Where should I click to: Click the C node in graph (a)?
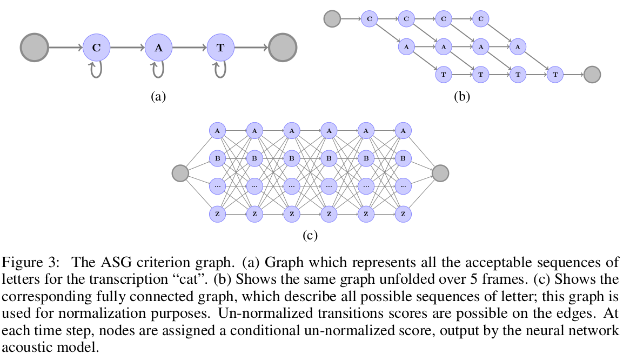tap(96, 48)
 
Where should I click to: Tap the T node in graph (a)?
tap(220, 48)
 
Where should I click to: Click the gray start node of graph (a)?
tap(35, 48)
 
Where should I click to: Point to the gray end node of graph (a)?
tap(283, 48)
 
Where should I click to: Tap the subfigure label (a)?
tap(158, 97)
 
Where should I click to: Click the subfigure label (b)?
tap(462, 97)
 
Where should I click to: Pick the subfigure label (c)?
tap(310, 235)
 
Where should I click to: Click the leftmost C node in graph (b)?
tap(369, 19)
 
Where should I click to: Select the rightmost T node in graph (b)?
tap(555, 74)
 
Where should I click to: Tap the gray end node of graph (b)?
tap(592, 74)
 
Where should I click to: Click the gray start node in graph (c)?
tap(180, 173)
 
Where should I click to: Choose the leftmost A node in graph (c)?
tap(217, 131)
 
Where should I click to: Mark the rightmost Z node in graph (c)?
tap(403, 215)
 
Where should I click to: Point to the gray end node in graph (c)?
tap(440, 173)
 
